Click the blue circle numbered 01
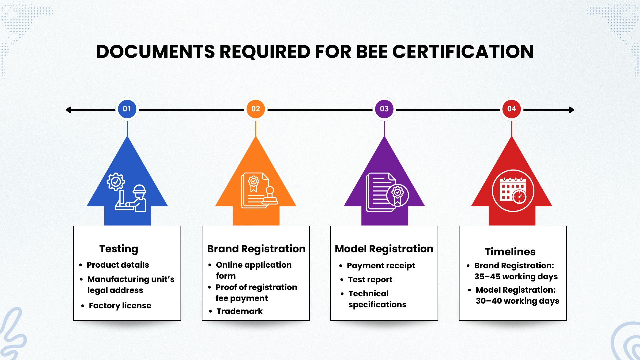127,109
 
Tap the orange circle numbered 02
256,109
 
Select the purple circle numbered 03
384,109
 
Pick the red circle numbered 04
512,109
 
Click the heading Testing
119,249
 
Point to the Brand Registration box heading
256,249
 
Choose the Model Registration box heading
384,249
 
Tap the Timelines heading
510,252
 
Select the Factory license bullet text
120,306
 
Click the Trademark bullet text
240,311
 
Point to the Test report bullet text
370,280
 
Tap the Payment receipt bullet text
381,266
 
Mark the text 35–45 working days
516,277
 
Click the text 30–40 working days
517,301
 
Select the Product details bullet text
118,265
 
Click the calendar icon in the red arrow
513,191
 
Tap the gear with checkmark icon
116,182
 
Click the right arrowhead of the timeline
571,110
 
